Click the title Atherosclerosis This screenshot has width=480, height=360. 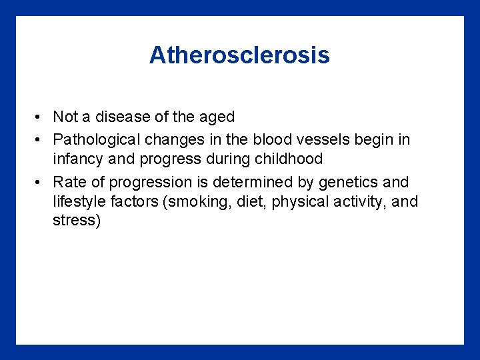(x=239, y=55)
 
